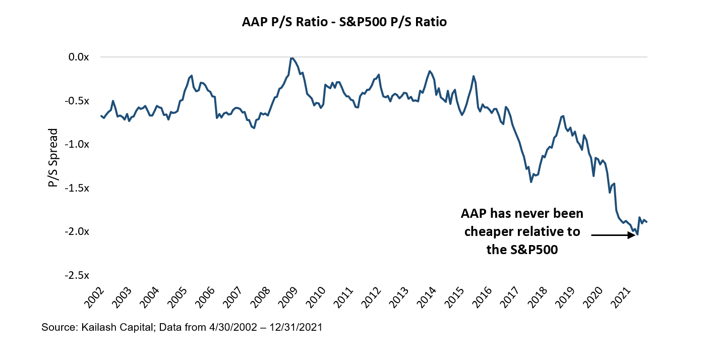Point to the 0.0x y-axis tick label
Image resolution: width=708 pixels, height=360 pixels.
tap(79, 57)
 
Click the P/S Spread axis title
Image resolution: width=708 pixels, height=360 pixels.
tap(53, 158)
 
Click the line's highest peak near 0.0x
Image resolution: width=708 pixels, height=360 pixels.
tap(292, 58)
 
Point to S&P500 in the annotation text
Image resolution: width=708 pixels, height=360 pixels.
tap(533, 250)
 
